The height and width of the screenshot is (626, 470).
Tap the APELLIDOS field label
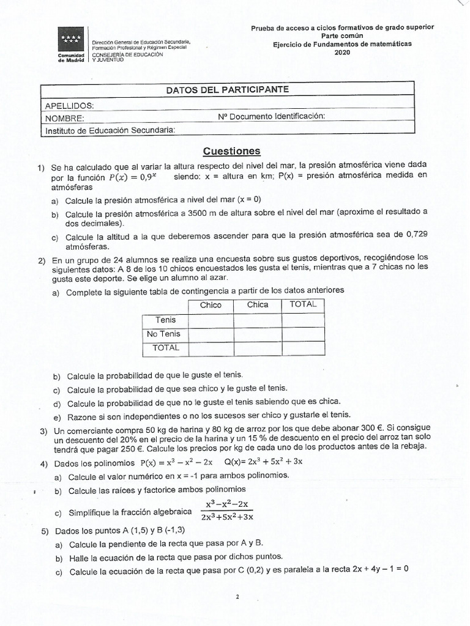[x=69, y=105]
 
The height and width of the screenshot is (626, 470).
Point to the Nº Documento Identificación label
[x=271, y=116]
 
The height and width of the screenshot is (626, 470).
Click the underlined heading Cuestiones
[x=232, y=151]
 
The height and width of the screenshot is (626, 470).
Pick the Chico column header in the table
[x=211, y=305]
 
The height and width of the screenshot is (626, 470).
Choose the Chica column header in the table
[x=258, y=305]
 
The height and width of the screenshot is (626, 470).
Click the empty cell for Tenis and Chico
[x=211, y=320]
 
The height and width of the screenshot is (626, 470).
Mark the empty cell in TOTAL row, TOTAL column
[x=302, y=348]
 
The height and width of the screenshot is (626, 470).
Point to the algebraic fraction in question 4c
[x=226, y=510]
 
